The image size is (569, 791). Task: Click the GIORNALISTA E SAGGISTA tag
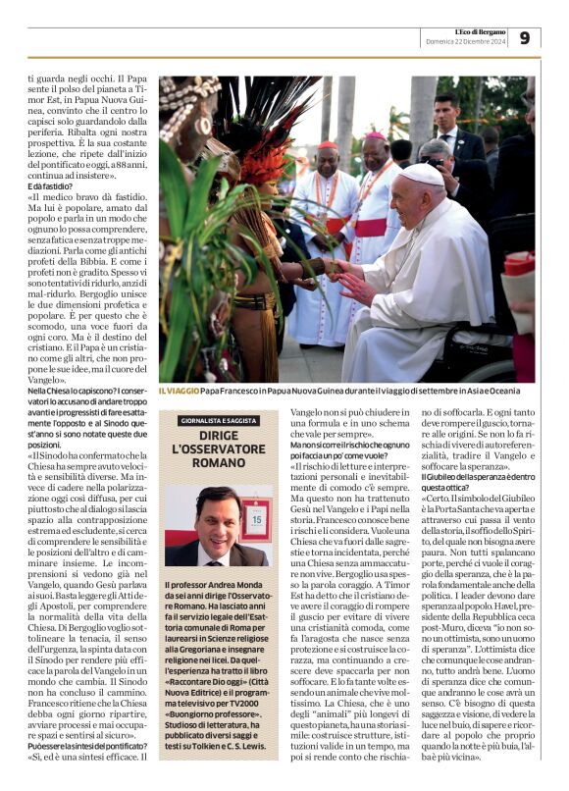[218, 419]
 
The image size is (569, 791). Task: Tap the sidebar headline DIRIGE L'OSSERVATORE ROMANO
[218, 448]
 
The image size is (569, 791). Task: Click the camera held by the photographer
[433, 163]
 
